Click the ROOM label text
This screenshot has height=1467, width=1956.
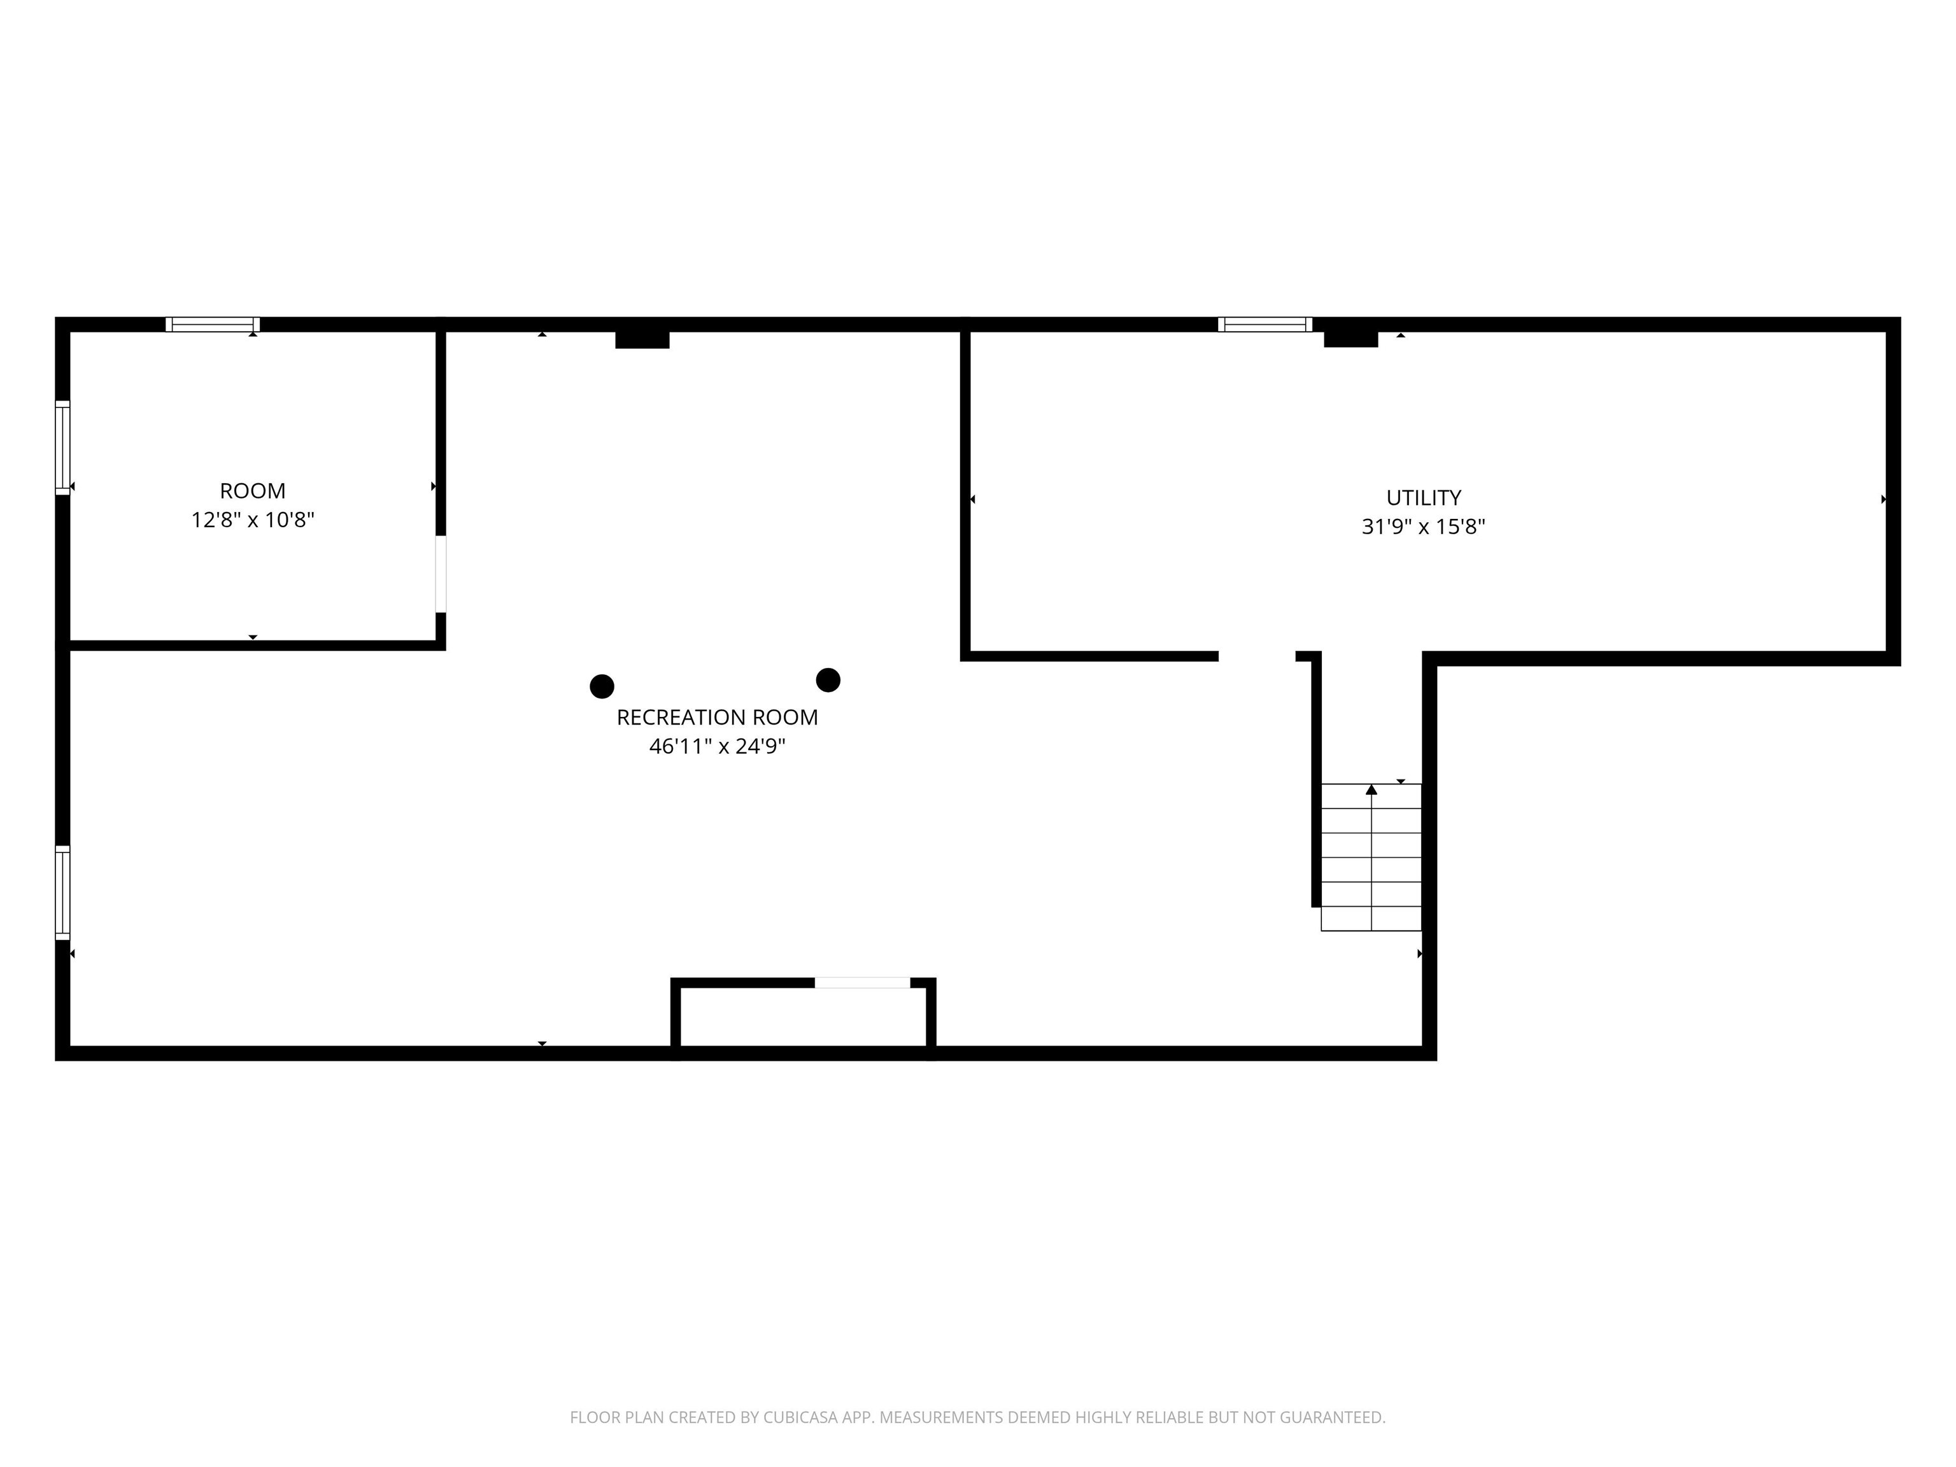tap(253, 491)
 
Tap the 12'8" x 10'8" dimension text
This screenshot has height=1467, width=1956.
tap(253, 520)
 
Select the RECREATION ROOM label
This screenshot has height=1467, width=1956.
tap(717, 717)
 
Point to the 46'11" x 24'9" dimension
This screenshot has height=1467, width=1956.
tap(717, 746)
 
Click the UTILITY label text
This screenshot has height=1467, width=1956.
tap(1424, 498)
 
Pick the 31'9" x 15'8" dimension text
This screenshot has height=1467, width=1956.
tap(1424, 527)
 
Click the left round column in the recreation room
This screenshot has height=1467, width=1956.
tap(602, 686)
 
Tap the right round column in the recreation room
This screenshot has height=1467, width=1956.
tap(828, 680)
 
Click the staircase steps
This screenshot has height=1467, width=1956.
tap(1371, 857)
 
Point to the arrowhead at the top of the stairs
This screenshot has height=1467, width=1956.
tap(1371, 789)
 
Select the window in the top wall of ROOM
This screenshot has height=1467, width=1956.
tap(212, 325)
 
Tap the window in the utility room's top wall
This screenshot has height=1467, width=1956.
tap(1265, 325)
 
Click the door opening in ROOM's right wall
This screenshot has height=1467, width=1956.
tap(441, 574)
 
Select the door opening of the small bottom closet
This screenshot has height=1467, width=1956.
tap(862, 982)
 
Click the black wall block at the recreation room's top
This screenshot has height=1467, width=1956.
tap(642, 339)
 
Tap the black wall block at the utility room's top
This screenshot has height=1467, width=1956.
tap(1351, 339)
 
